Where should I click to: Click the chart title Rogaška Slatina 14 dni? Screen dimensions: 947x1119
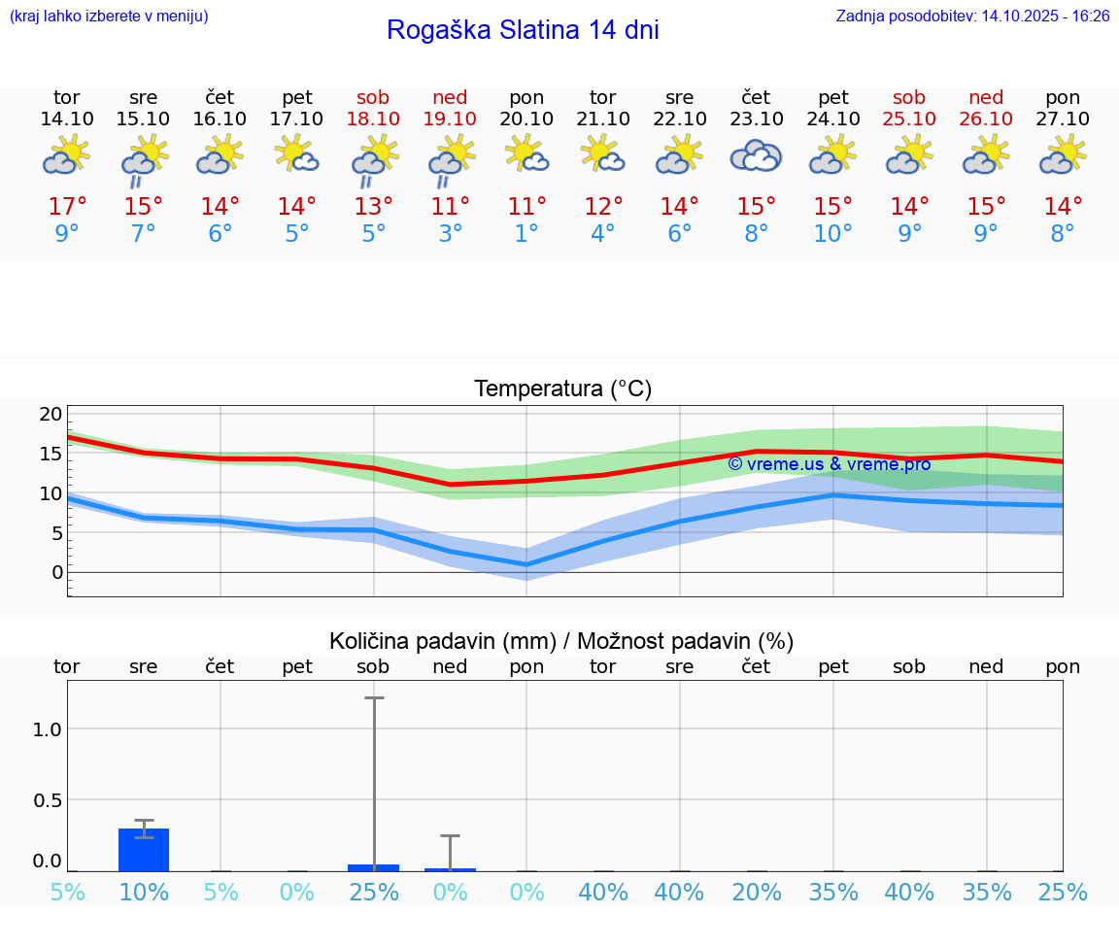point(523,30)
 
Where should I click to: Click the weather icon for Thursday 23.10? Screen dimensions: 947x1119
point(756,155)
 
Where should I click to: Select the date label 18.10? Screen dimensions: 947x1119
point(373,118)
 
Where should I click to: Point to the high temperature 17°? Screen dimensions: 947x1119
point(67,206)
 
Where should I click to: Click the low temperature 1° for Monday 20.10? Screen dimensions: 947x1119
point(526,233)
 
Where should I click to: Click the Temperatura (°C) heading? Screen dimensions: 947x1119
point(562,389)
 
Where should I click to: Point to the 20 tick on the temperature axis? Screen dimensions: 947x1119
point(51,414)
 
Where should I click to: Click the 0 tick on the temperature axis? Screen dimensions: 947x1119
point(57,572)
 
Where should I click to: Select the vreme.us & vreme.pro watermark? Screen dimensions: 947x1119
point(829,464)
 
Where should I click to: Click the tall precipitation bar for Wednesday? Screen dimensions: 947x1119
point(144,849)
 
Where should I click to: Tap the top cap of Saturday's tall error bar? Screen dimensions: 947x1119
point(374,697)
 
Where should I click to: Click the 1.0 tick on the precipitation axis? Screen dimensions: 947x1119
point(48,729)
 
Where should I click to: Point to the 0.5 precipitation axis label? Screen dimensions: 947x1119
point(48,800)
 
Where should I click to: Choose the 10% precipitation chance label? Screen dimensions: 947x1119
point(144,892)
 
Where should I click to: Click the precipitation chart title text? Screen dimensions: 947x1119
point(561,641)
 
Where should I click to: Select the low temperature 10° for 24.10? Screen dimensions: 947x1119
point(832,233)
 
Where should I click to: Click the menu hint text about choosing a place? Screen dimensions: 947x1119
point(109,17)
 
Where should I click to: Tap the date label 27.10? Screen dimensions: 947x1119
point(1063,118)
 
